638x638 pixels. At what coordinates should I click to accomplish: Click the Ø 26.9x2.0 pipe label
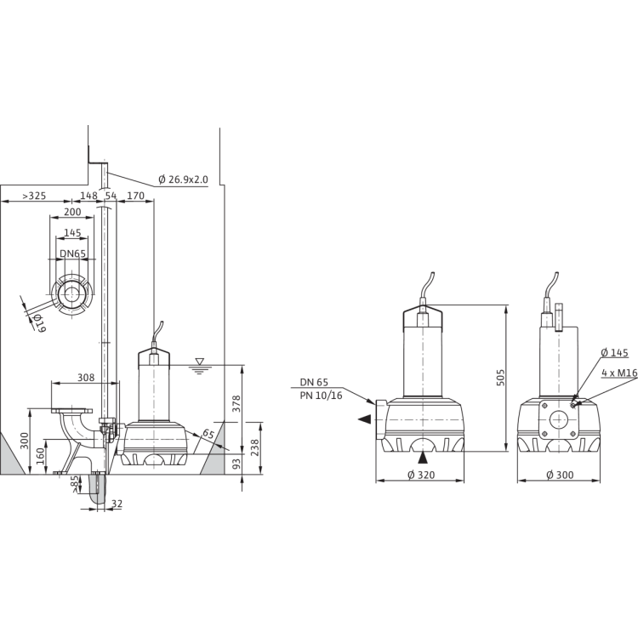183,179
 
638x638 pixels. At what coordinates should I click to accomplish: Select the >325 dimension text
34,197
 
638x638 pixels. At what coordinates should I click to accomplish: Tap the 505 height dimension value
500,378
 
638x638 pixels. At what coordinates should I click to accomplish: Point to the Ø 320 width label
421,475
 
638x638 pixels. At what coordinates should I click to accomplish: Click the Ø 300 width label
560,475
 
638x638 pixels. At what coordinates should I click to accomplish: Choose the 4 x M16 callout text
619,373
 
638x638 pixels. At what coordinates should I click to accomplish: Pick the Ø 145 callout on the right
614,353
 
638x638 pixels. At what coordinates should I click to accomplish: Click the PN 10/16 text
321,396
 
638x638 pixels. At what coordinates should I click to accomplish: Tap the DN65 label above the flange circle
73,253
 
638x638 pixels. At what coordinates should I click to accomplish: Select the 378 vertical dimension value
236,403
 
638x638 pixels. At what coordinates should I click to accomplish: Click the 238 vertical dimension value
255,447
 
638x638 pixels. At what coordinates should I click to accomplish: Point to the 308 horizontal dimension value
86,378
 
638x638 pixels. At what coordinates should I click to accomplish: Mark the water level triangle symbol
199,362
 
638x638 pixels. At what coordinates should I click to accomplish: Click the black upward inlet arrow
423,458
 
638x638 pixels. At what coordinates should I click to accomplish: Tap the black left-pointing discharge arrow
365,419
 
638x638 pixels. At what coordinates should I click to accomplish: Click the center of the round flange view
71,293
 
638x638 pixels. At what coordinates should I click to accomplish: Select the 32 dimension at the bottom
117,504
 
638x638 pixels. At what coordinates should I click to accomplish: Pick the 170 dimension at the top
135,197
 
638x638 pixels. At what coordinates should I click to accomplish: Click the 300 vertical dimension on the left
25,441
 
